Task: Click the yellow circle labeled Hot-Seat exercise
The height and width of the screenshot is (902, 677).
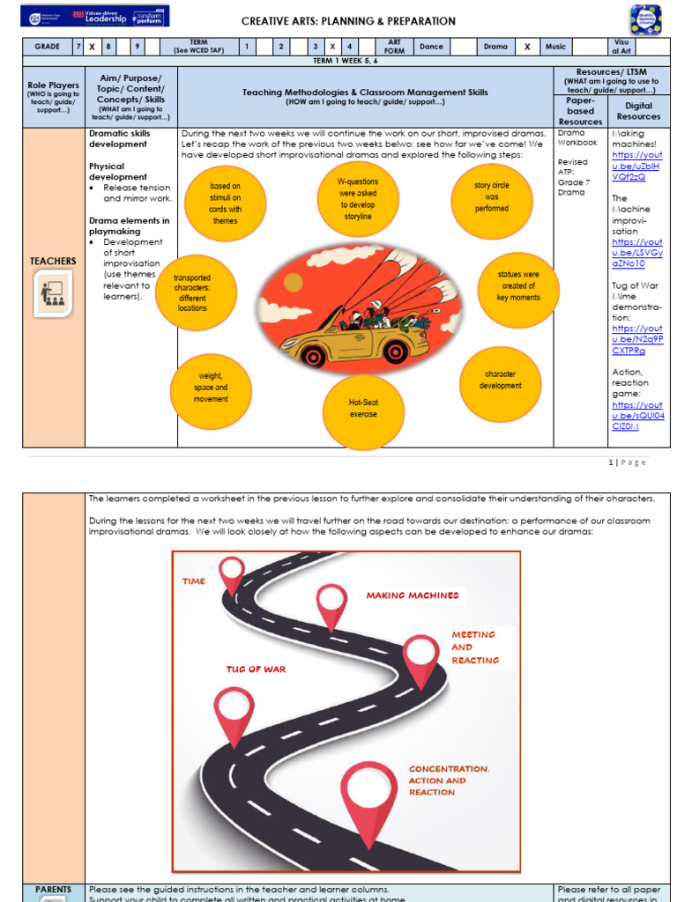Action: point(362,408)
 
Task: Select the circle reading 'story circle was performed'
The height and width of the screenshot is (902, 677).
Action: point(491,197)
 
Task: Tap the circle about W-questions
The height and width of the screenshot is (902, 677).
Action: point(357,198)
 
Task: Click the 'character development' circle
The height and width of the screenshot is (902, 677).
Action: point(500,380)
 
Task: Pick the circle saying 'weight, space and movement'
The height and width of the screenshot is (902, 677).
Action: point(211,388)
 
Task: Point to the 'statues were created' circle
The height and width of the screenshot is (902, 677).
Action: point(518,285)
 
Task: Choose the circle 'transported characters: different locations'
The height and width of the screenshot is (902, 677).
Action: point(191,292)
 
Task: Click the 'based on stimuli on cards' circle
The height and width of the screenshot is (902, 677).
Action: point(225,203)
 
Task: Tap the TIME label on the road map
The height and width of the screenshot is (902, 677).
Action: point(193,581)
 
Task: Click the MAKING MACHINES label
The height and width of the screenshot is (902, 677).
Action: point(413,595)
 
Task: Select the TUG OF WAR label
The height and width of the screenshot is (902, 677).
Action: point(257,669)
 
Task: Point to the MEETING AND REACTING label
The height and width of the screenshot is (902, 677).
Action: point(475,647)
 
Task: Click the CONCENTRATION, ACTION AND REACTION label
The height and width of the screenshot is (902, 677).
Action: point(449,780)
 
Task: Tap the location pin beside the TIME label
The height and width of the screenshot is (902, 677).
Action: point(232,573)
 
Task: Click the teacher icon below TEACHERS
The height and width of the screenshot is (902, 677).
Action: point(54,295)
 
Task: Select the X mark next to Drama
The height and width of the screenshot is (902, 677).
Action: point(527,47)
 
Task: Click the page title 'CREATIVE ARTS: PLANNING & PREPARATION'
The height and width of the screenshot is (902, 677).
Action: point(348,21)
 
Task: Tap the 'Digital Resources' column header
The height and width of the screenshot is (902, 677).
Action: point(638,111)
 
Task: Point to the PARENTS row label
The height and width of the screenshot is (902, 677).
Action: point(53,890)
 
